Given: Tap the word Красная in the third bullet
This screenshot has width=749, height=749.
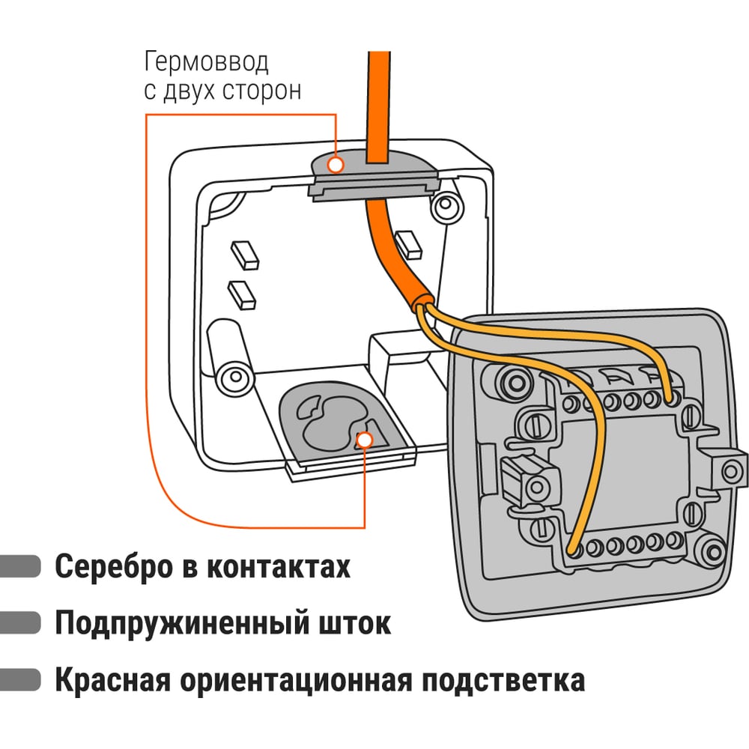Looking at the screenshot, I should point(112,681).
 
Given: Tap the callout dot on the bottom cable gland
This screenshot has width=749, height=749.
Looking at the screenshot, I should point(366,440).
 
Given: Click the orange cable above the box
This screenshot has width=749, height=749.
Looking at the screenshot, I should point(377,97).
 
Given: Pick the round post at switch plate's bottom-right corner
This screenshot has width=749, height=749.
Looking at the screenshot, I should point(706,551).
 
